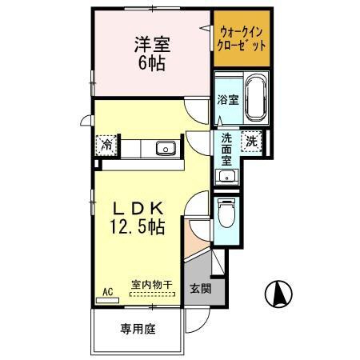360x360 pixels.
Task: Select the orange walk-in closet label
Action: [x=242, y=38]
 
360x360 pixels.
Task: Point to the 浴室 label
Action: [x=227, y=100]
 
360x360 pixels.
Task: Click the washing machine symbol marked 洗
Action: [x=252, y=140]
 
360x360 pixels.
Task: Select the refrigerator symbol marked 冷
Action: [x=106, y=145]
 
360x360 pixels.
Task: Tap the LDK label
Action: [x=137, y=206]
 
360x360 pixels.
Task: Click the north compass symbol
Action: [x=277, y=294]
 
